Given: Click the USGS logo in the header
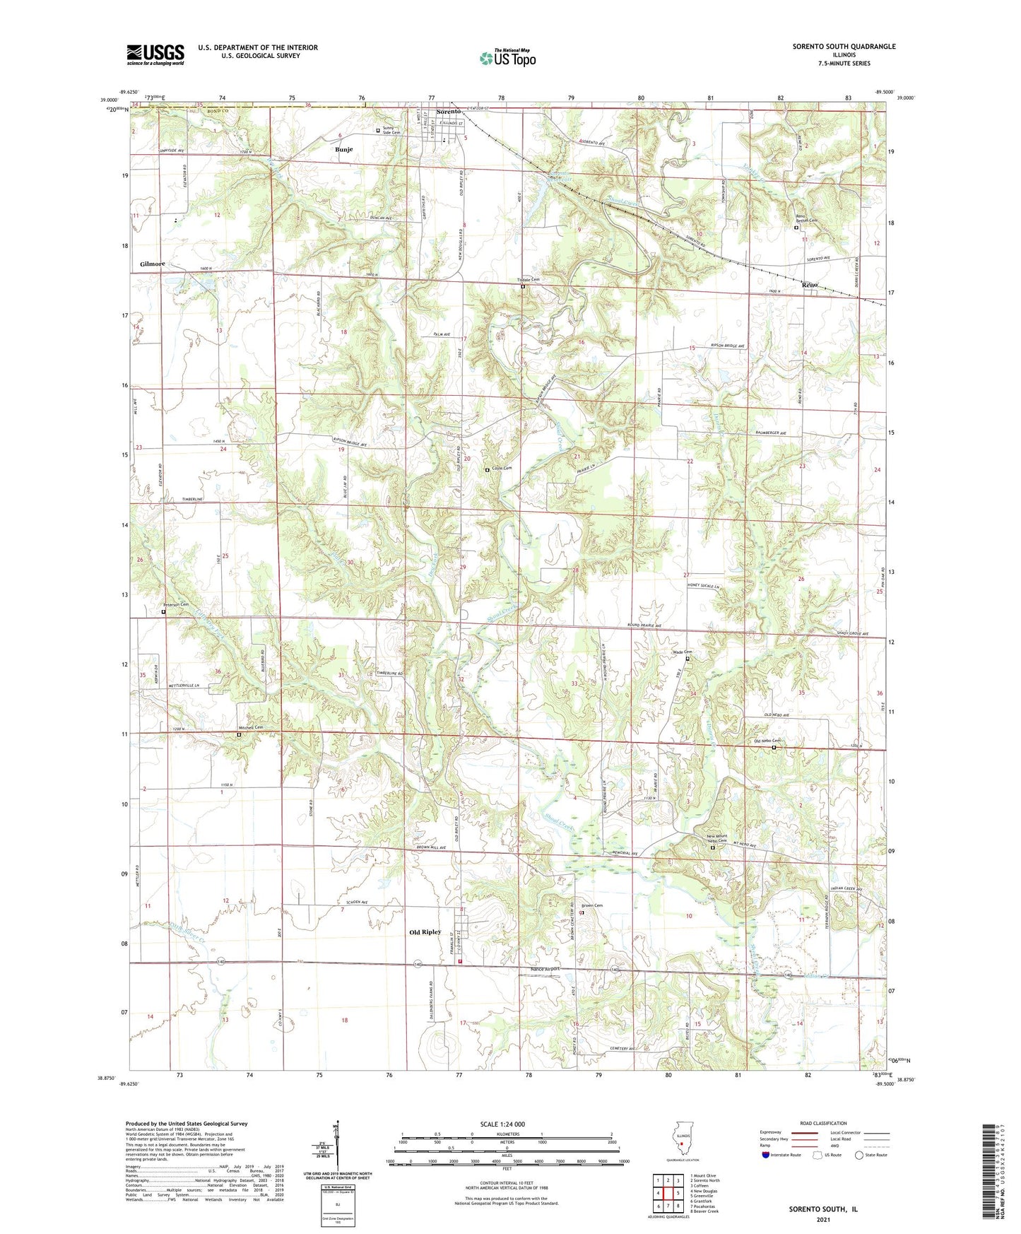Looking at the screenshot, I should [155, 54].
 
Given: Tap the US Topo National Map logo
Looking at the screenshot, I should [507, 57].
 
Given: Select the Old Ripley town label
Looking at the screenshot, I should [425, 932].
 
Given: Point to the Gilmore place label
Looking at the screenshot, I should [152, 264].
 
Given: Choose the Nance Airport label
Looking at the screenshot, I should [545, 969].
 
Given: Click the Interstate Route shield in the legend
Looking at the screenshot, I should [766, 1155].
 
